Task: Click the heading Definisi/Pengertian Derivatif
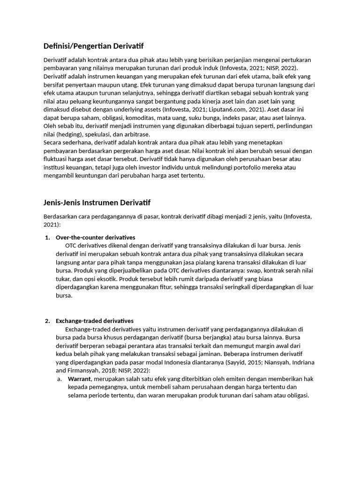[93, 45]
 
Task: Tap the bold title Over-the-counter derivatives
[95, 238]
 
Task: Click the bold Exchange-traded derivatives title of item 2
[95, 321]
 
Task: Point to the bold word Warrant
[80, 379]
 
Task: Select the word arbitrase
[136, 134]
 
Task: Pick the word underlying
[127, 109]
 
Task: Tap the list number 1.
[47, 238]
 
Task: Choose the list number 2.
[47, 321]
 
